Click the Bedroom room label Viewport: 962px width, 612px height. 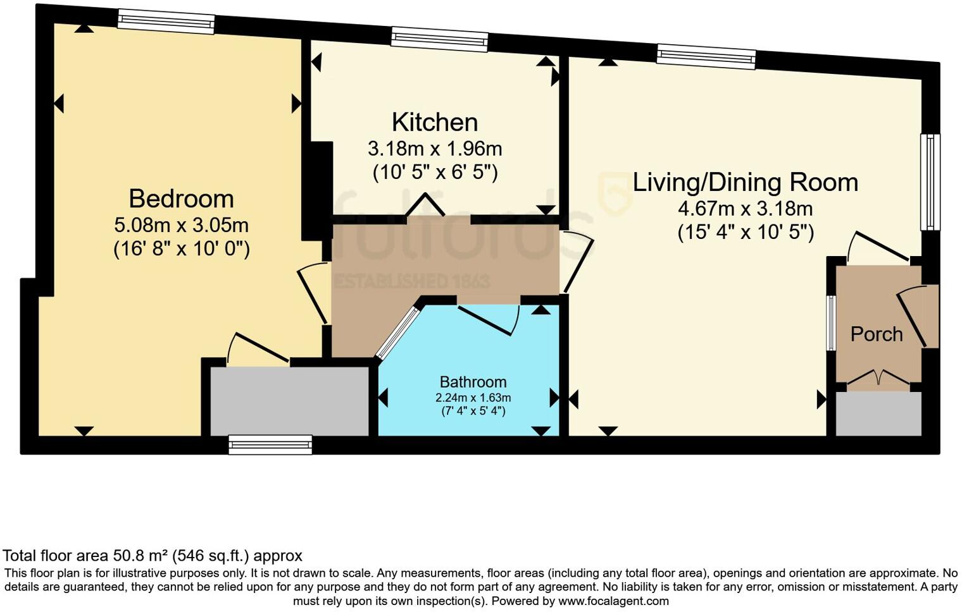181,199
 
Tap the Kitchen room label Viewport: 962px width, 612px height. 435,122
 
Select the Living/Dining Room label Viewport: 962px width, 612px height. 746,183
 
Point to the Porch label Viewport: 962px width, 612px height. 877,334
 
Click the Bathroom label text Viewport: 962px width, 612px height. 473,382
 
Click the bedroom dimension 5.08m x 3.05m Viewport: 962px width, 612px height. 181,225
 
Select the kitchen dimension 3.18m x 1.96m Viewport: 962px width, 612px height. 435,149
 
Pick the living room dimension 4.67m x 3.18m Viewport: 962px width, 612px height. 746,209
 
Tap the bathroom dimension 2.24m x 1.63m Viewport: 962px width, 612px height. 473,398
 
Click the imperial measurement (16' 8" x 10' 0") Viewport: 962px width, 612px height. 181,248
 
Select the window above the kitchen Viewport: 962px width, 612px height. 440,39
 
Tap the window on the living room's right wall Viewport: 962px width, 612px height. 930,182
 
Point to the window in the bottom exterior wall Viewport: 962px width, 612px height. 271,444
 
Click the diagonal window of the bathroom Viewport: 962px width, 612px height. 398,332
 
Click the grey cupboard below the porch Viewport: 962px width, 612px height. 878,414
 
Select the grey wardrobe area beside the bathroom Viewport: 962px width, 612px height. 289,401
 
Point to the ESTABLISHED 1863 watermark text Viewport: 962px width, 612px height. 412,281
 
